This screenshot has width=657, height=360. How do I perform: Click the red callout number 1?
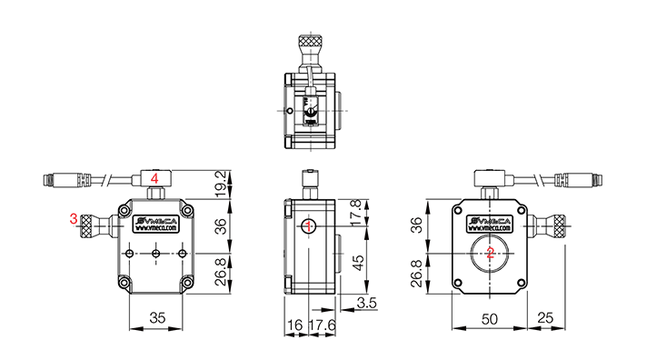(309, 226)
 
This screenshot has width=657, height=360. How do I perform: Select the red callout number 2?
(490, 253)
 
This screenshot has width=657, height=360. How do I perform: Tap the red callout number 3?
(74, 219)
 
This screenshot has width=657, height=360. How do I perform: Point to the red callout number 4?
(154, 178)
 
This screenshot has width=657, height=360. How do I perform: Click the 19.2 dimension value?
(221, 184)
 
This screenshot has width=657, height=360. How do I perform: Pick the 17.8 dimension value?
(356, 213)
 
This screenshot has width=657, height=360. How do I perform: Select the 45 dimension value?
(357, 263)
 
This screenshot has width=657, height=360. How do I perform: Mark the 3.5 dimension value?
(366, 303)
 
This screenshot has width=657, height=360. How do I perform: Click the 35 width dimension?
(157, 318)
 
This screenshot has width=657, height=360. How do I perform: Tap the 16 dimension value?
(295, 325)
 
